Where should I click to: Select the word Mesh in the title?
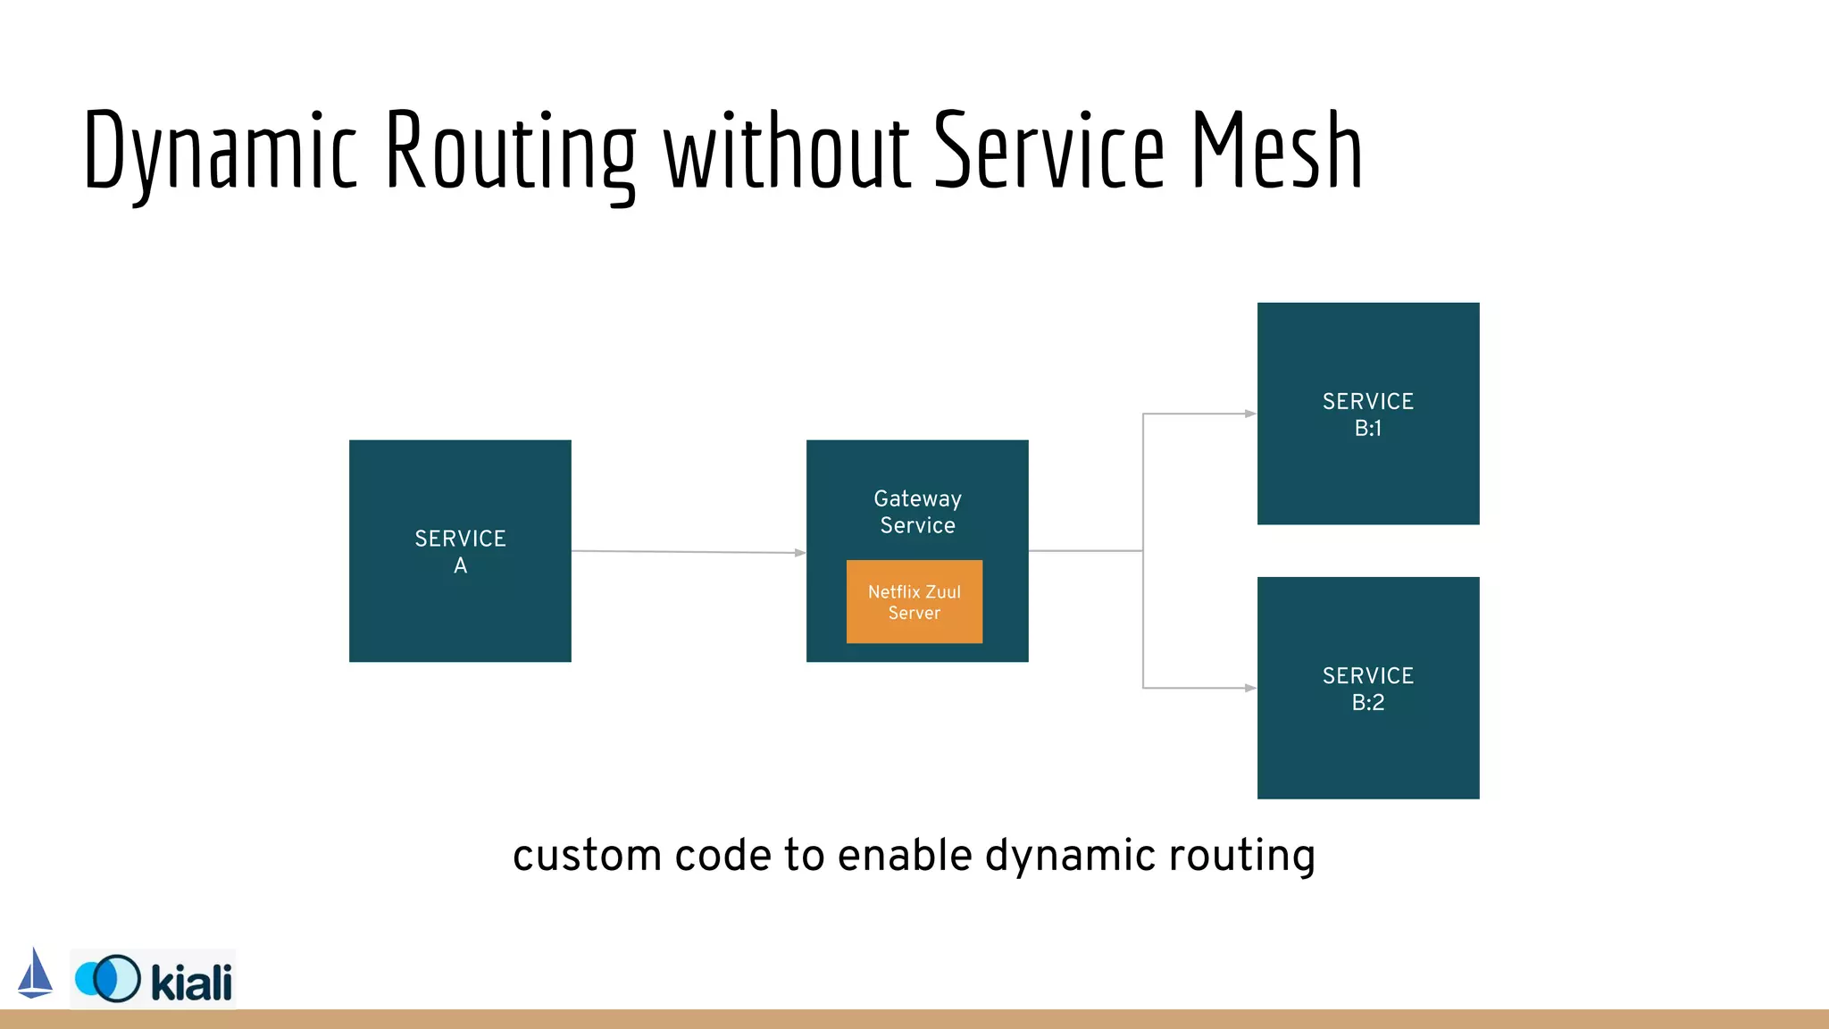[1276, 150]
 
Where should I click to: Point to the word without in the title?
[787, 150]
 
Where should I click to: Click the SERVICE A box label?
[460, 551]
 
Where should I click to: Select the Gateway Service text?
[917, 512]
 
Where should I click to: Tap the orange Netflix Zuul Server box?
[914, 602]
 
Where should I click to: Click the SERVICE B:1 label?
[1367, 414]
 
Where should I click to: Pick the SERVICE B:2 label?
[1367, 689]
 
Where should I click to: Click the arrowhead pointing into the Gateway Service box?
[800, 553]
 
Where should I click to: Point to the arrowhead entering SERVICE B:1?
[1250, 414]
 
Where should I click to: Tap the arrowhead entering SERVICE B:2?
[1250, 688]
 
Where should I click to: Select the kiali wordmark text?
[191, 982]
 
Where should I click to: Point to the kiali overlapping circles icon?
[108, 978]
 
